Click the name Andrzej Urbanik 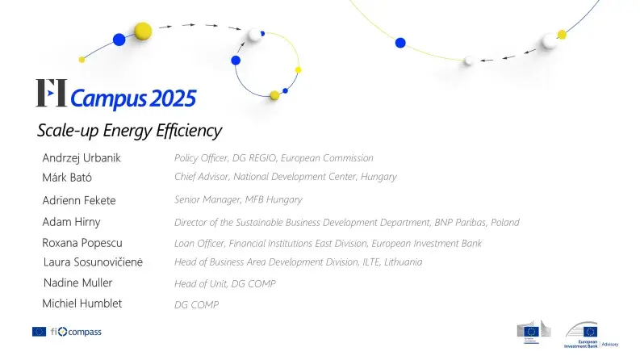[x=82, y=158]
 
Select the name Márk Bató [x=67, y=178]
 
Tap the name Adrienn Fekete [x=79, y=200]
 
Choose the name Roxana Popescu [x=82, y=242]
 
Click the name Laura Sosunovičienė [x=93, y=262]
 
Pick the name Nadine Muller [x=77, y=283]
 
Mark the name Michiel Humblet [x=82, y=303]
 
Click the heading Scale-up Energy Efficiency [x=129, y=130]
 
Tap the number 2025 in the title [x=171, y=98]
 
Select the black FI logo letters [x=52, y=94]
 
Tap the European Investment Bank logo [x=592, y=333]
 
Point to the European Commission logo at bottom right [x=533, y=331]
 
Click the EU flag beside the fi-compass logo [x=39, y=332]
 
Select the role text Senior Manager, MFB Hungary [x=238, y=199]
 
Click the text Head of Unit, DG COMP [x=224, y=283]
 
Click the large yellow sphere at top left [x=143, y=31]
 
